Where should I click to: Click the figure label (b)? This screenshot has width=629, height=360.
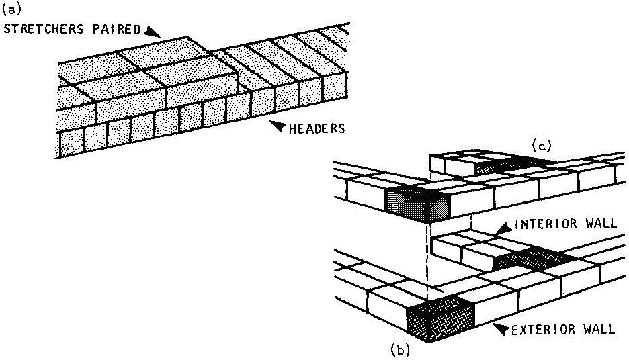[x=400, y=350]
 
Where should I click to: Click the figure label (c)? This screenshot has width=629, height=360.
[x=542, y=145]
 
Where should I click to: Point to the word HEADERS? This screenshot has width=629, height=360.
[x=317, y=129]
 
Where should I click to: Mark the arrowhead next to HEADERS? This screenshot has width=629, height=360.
[x=278, y=126]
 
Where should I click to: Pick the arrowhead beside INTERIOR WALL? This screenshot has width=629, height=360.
[x=504, y=228]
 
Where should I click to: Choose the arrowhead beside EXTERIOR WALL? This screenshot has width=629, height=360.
[x=501, y=327]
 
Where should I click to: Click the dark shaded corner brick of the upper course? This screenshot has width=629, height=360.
[x=417, y=204]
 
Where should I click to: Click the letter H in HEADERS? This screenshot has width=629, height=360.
[x=293, y=129]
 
